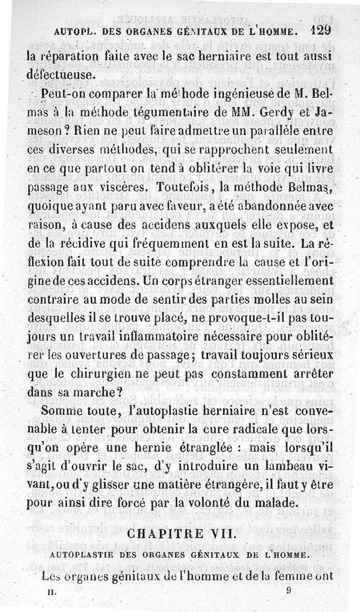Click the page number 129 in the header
click(320, 30)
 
